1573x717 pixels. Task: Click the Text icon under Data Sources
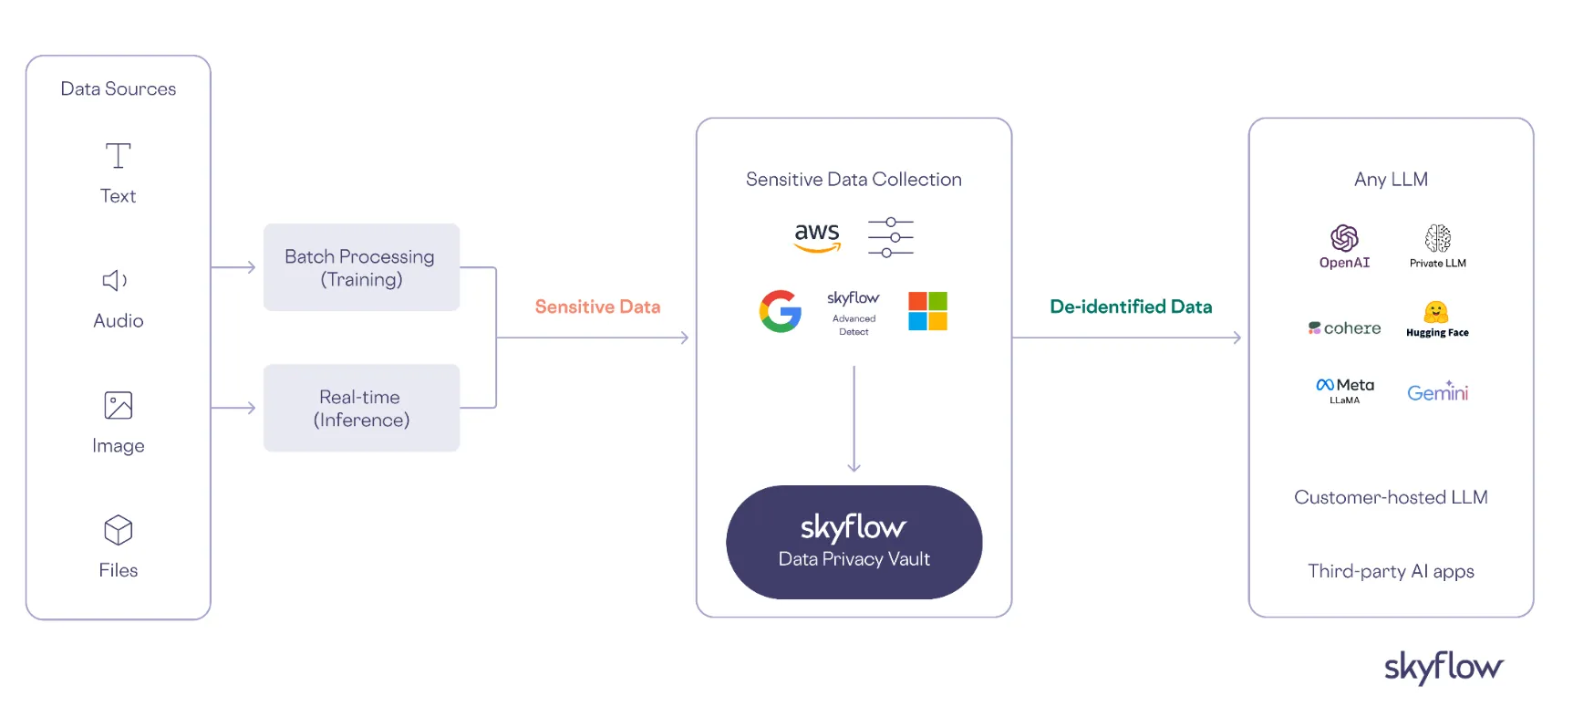coord(118,156)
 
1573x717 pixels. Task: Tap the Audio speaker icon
coord(115,280)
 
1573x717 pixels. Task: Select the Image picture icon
coord(119,405)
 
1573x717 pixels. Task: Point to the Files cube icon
coord(119,530)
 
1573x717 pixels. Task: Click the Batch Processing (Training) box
coord(361,267)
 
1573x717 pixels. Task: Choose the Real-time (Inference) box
coord(361,408)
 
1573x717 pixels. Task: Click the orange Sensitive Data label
coord(597,307)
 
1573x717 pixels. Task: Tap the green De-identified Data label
coord(1131,307)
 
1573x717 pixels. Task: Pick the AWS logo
coord(817,236)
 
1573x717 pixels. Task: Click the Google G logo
coord(781,311)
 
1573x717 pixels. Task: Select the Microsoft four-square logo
coord(927,311)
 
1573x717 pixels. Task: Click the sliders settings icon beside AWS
coord(891,237)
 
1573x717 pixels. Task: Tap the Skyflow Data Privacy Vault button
coord(854,542)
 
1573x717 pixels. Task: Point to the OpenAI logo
coord(1344,239)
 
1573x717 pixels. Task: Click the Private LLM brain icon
coord(1438,239)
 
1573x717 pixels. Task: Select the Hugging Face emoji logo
coord(1436,313)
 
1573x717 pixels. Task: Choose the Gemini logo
coord(1438,392)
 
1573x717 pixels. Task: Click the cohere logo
coord(1345,328)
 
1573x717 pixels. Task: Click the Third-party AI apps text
coord(1391,571)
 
